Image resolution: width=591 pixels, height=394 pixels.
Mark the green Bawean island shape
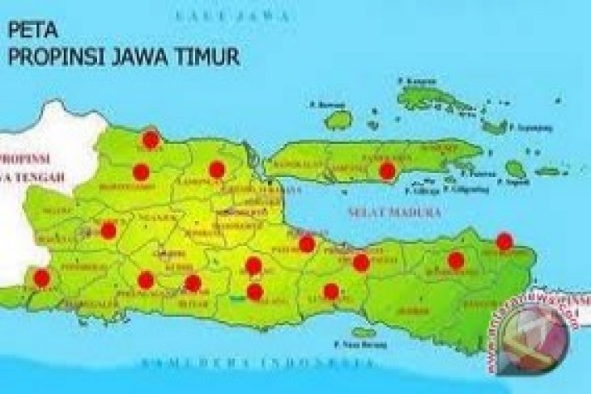tap(338, 120)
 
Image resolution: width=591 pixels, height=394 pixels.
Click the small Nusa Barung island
tap(364, 333)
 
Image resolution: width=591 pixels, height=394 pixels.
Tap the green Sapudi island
tap(515, 168)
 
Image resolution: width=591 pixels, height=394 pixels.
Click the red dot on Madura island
tap(387, 170)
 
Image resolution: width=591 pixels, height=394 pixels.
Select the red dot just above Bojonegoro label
tap(141, 172)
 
